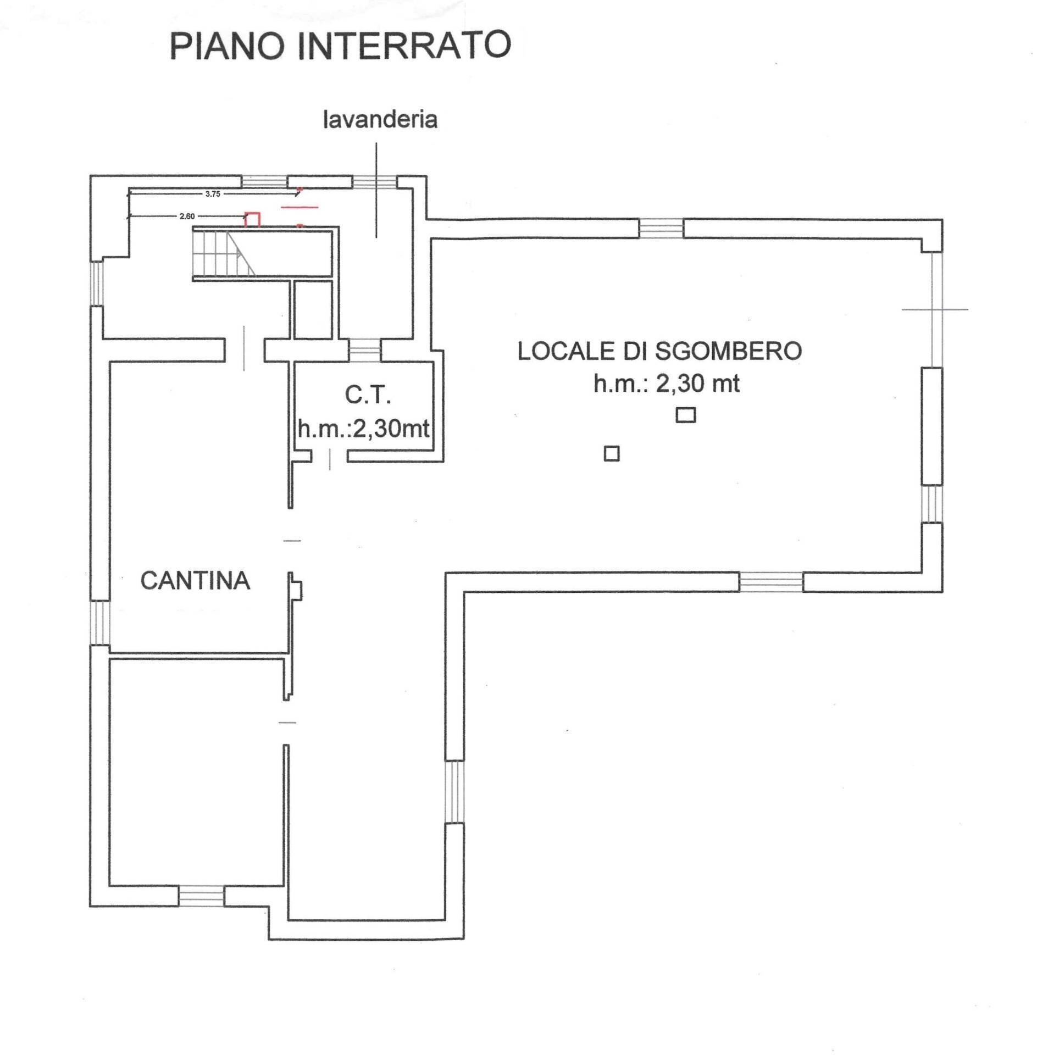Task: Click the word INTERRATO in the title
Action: click(x=404, y=46)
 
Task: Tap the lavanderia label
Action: click(x=380, y=120)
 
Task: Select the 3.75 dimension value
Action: click(x=213, y=194)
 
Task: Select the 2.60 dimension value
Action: click(x=187, y=216)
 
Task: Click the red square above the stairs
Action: click(x=252, y=219)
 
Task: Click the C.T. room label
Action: click(x=368, y=395)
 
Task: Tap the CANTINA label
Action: click(x=195, y=581)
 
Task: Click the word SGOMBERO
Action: click(x=728, y=351)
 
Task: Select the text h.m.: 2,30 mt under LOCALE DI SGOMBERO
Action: click(x=666, y=384)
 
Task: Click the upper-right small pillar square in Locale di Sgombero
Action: click(x=685, y=415)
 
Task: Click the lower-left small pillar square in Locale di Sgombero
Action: click(x=612, y=454)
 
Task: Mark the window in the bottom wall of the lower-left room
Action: click(x=202, y=896)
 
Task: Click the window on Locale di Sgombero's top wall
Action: click(x=661, y=228)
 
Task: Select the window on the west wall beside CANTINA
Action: click(x=99, y=623)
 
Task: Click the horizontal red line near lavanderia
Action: click(x=300, y=207)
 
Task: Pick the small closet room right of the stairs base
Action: click(x=313, y=310)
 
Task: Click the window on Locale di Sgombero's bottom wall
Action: click(x=771, y=582)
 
